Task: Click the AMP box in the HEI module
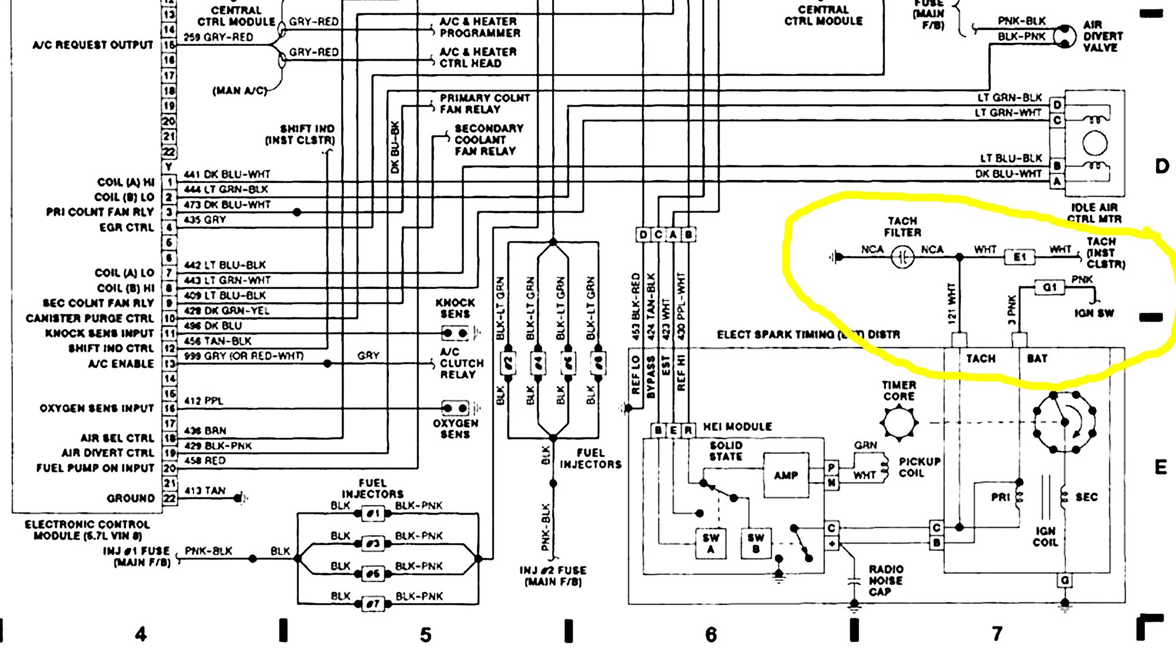tap(786, 475)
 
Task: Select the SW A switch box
tap(710, 543)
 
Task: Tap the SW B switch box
tap(756, 543)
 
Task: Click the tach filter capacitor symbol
tap(902, 257)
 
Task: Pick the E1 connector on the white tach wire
tap(1020, 257)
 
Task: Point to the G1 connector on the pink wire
tap(1050, 287)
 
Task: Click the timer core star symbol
tap(899, 423)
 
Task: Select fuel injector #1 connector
tap(373, 513)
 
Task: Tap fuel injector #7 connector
tap(373, 604)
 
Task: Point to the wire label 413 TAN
tap(205, 490)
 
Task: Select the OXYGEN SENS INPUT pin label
tap(97, 408)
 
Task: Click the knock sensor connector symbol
tap(456, 333)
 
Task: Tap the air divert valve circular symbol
tap(1064, 36)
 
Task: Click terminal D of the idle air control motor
tap(1057, 105)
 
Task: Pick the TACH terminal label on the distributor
tap(981, 358)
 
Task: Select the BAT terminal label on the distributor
tap(1037, 358)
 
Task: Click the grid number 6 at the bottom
tap(711, 634)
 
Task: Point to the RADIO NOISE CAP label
tap(886, 580)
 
